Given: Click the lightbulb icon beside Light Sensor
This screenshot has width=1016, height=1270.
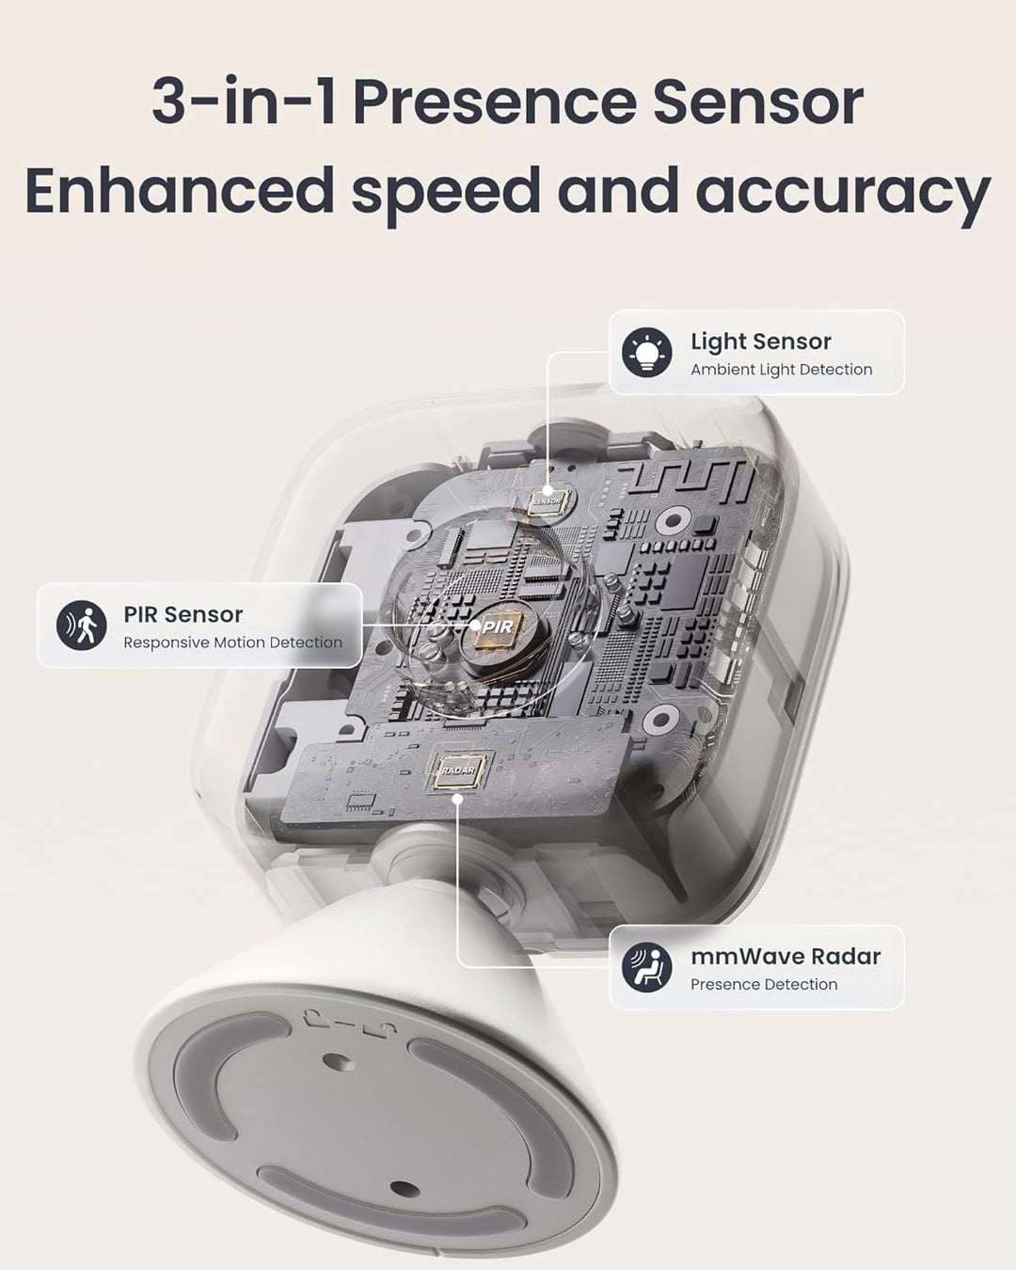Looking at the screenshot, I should coord(646,352).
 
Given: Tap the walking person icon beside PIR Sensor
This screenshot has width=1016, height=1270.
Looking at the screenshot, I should coord(82,626).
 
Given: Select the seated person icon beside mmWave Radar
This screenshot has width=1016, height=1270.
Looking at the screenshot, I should coord(646,967).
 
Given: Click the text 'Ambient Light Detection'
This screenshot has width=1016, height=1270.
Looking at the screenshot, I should coord(781,370).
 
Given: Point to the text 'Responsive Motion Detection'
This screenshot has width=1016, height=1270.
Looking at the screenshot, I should coord(232,643).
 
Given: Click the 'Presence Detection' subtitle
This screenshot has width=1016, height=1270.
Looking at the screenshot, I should coord(763,984).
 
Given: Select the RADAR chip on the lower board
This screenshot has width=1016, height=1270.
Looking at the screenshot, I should coord(458,770).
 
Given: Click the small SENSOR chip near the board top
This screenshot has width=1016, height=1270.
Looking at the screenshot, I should coord(546,500).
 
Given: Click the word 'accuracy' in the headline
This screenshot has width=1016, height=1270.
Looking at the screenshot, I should coord(842,191).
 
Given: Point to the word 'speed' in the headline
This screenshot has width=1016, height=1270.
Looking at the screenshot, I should coord(446,193).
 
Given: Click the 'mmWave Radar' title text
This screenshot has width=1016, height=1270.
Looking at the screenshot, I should coord(785,956).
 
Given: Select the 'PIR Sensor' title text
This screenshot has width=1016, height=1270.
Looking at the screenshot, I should coord(183,614).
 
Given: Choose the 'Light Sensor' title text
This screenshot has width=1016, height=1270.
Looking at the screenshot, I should coord(760,341).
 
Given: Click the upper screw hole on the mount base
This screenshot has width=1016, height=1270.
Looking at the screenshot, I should coord(341,1062).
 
